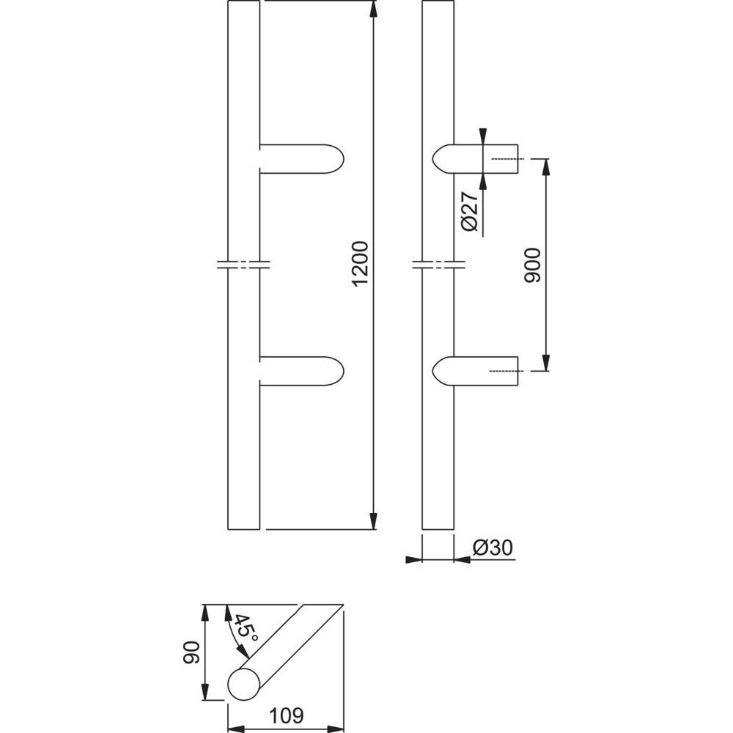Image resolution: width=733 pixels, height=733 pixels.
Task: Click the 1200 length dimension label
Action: coord(361,264)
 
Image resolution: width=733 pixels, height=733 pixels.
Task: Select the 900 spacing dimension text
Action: coord(532,265)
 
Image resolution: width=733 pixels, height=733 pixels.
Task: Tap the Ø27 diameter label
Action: coord(471,211)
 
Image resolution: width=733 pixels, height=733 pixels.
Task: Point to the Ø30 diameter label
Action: coord(493,548)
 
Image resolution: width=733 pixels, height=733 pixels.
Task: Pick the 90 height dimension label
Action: coord(191,652)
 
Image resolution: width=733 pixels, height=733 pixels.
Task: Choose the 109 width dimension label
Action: coord(287,715)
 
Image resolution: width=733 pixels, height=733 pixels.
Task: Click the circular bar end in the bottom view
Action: coord(243,685)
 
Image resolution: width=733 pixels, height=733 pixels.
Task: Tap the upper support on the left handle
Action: coord(301,159)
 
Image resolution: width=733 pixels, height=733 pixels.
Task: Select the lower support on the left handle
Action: coord(301,371)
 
